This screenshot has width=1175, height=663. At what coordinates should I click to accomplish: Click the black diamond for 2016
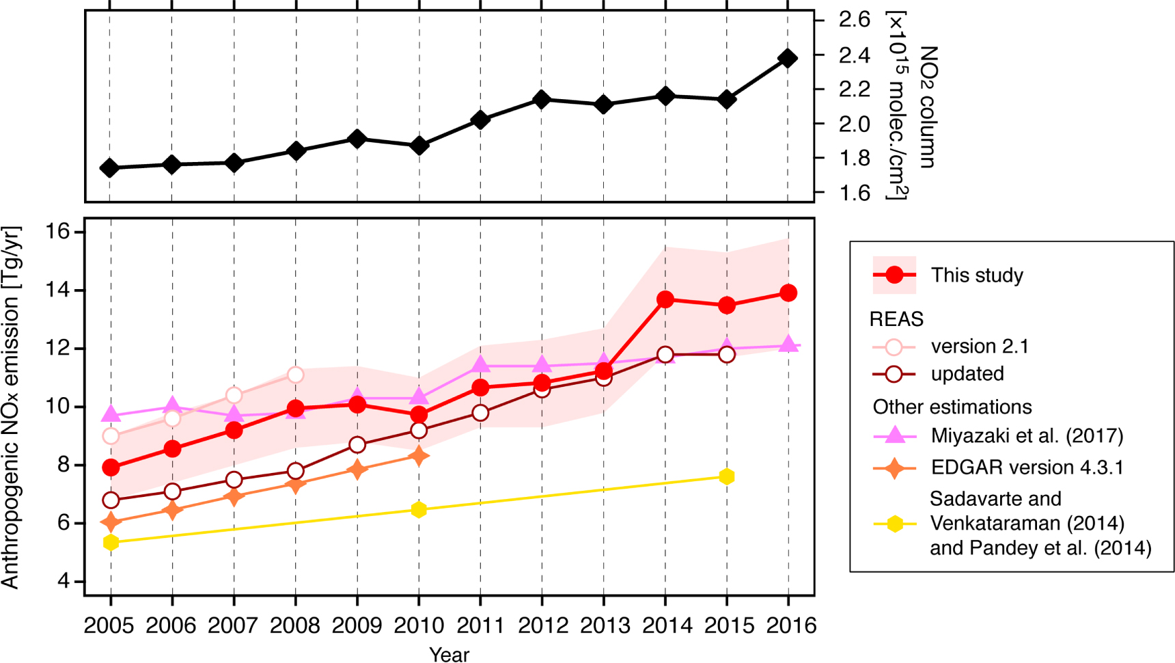pyautogui.click(x=788, y=58)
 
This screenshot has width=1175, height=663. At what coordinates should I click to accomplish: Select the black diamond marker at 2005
pyautogui.click(x=109, y=168)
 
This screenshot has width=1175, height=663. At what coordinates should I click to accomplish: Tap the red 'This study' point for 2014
pyautogui.click(x=665, y=299)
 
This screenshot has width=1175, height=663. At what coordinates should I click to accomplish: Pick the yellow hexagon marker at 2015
pyautogui.click(x=727, y=476)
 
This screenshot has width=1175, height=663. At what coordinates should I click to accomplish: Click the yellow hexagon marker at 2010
pyautogui.click(x=419, y=510)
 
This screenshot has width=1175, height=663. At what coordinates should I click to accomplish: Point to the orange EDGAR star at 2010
pyautogui.click(x=419, y=456)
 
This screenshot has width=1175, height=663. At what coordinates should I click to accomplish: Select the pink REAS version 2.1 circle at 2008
pyautogui.click(x=296, y=375)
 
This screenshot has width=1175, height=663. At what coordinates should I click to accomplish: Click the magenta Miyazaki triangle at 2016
pyautogui.click(x=788, y=344)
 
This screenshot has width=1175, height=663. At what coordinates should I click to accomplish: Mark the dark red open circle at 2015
pyautogui.click(x=727, y=354)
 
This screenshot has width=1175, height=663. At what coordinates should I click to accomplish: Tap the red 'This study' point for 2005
pyautogui.click(x=111, y=468)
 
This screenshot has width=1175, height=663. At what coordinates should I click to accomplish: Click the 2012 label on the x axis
pyautogui.click(x=542, y=625)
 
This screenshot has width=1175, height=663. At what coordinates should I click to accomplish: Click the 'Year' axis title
pyautogui.click(x=449, y=654)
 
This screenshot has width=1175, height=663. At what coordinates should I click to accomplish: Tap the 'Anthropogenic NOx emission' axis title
pyautogui.click(x=11, y=407)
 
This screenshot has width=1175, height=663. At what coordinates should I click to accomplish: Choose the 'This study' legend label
pyautogui.click(x=977, y=275)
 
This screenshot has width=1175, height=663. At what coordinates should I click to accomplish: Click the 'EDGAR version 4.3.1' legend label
pyautogui.click(x=1027, y=468)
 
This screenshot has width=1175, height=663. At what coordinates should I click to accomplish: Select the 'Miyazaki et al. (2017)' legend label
pyautogui.click(x=1027, y=436)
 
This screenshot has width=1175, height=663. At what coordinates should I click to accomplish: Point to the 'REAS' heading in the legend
pyautogui.click(x=896, y=319)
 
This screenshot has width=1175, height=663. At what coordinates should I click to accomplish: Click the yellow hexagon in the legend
pyautogui.click(x=894, y=524)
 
